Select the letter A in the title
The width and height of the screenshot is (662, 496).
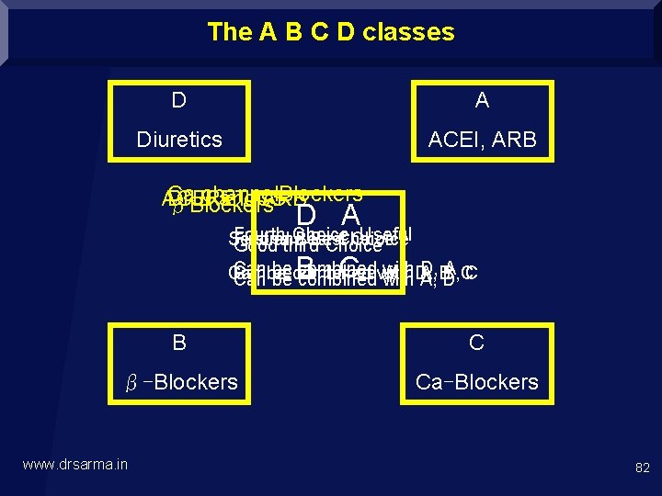pyautogui.click(x=268, y=32)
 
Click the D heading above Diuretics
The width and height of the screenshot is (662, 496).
pyautogui.click(x=179, y=99)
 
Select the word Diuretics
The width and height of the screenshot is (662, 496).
pyautogui.click(x=179, y=140)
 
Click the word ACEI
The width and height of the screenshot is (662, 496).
pyautogui.click(x=454, y=140)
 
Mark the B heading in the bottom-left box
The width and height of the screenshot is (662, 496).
pyautogui.click(x=179, y=344)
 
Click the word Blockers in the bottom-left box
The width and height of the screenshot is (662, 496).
pyautogui.click(x=196, y=382)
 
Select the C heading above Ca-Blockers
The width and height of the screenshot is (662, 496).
pyautogui.click(x=476, y=344)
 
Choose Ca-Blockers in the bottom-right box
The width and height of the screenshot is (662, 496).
pyautogui.click(x=476, y=382)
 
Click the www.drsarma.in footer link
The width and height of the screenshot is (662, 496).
pyautogui.click(x=74, y=465)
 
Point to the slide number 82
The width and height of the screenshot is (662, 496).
pyautogui.click(x=642, y=468)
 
